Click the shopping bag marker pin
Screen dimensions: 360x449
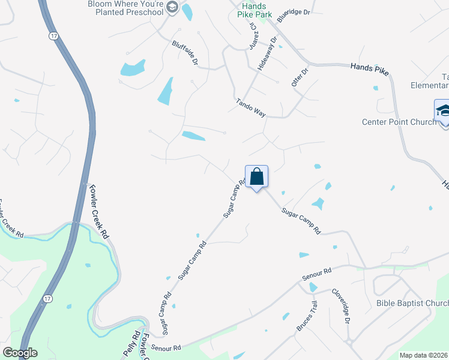click(256, 178)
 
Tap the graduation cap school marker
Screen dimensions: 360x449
click(443, 112)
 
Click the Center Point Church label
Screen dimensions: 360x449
click(394, 122)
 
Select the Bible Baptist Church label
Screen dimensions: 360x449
click(412, 303)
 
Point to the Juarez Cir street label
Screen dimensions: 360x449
click(254, 37)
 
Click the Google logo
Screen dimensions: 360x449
click(20, 353)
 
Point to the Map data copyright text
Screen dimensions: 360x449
click(424, 355)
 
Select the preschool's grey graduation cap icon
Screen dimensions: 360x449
click(172, 7)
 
